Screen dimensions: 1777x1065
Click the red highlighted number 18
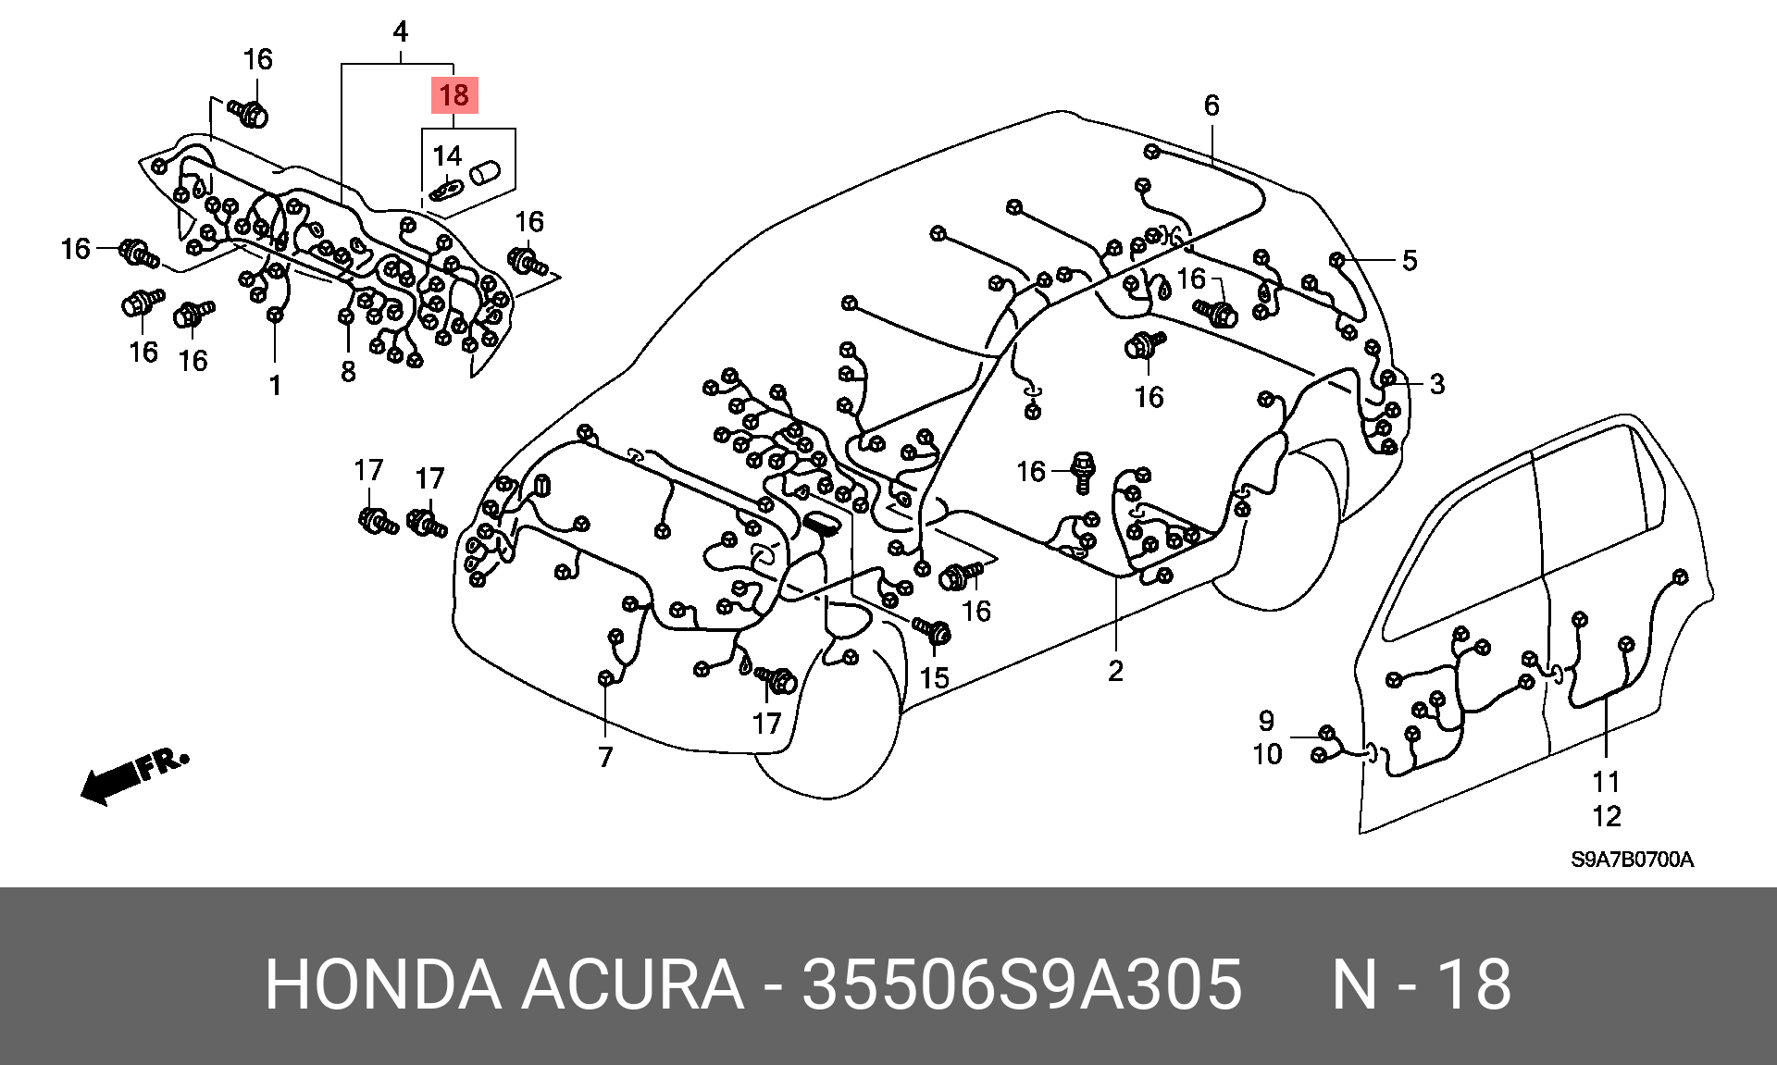tap(454, 95)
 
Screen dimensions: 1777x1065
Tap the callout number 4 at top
tap(400, 32)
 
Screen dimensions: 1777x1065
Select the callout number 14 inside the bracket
tap(447, 155)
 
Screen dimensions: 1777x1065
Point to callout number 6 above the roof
tap(1212, 105)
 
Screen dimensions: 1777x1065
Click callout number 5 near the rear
tap(1409, 260)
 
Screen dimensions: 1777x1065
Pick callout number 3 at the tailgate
tap(1436, 383)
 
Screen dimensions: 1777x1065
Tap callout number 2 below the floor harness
tap(1115, 670)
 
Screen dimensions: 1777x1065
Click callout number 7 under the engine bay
tap(605, 757)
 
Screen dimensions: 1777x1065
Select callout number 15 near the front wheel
tap(934, 678)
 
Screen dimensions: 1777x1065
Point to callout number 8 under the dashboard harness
tap(348, 371)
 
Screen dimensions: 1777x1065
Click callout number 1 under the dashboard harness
tap(275, 385)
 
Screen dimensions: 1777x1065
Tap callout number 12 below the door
tap(1607, 816)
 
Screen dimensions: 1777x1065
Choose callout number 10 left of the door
tap(1267, 754)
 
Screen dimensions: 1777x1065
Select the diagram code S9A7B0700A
tap(1632, 860)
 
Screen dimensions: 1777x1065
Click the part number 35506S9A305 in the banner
tap(1022, 985)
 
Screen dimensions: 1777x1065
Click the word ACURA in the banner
tap(633, 985)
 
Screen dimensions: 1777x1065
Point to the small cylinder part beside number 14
tap(485, 173)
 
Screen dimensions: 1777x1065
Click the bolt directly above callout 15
tap(933, 631)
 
